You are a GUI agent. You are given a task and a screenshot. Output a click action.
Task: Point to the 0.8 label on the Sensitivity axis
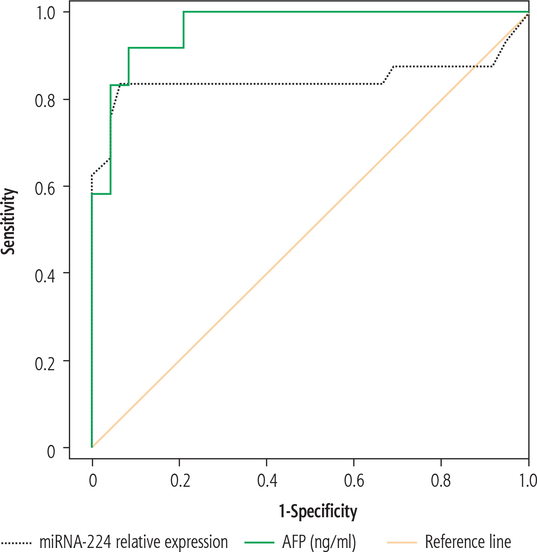pos(45,100)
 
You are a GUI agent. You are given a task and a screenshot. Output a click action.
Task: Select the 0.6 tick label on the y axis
pos(45,188)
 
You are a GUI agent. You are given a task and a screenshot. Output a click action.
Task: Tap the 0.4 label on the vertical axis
pos(45,275)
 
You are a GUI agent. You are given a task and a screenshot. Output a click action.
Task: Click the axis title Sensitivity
pos(9,221)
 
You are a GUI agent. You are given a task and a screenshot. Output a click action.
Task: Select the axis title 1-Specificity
pos(318,511)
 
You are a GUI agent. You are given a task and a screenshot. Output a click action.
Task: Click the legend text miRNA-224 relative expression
pos(133,542)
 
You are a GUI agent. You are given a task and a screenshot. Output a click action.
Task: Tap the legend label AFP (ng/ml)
pos(319,542)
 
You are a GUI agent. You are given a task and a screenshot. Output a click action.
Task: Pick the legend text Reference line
pos(468,542)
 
